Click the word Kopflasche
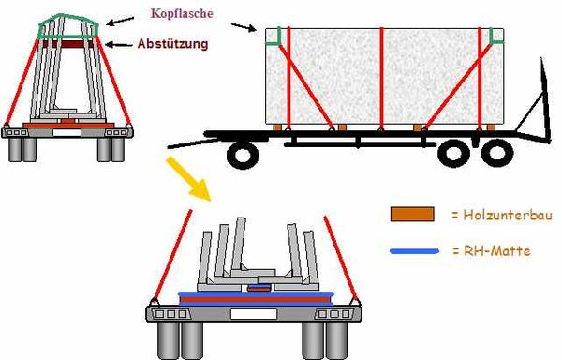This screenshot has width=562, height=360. click(x=182, y=14)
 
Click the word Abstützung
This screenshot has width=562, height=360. click(x=172, y=44)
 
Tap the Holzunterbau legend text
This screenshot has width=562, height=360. click(x=502, y=215)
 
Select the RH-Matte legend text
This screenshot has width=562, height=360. click(x=492, y=250)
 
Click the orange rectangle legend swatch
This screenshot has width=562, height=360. click(x=412, y=214)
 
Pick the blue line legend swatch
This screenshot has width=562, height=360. click(x=415, y=251)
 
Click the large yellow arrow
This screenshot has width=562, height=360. click(x=189, y=178)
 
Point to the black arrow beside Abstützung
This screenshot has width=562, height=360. click(x=120, y=45)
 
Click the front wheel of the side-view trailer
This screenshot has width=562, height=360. click(x=243, y=154)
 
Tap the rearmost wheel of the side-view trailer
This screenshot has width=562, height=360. click(x=497, y=153)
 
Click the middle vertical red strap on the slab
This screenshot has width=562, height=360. click(x=382, y=78)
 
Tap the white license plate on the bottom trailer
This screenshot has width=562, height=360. click(x=254, y=314)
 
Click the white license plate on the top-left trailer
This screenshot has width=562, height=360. click(x=67, y=133)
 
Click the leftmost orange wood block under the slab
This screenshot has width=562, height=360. click(x=277, y=127)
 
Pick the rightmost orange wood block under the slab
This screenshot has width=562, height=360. click(x=491, y=127)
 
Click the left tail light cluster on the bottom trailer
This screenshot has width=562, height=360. click(x=171, y=314)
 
